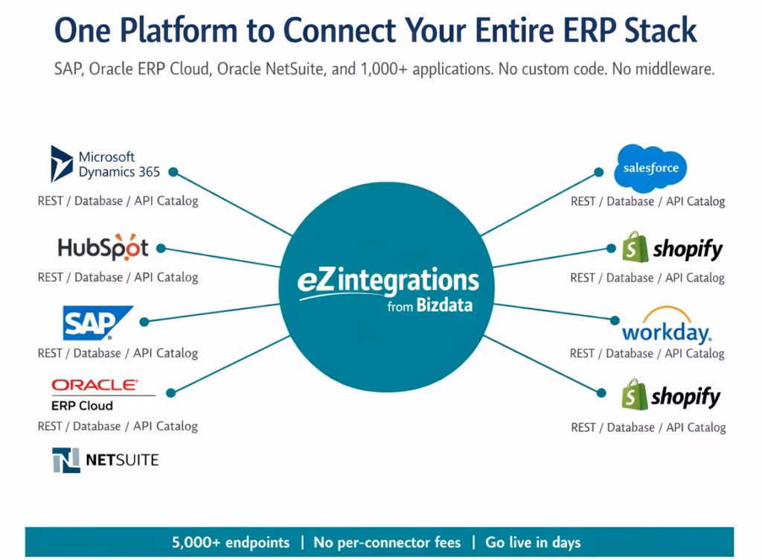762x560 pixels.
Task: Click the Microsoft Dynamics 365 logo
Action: (x=105, y=164)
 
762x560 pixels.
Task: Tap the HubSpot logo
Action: (x=103, y=248)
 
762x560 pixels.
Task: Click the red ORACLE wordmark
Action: (x=95, y=385)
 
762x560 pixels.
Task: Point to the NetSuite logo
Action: (x=105, y=459)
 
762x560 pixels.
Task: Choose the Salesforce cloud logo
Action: (x=650, y=168)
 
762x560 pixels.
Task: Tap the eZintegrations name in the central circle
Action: (x=388, y=283)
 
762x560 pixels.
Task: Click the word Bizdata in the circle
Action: (x=444, y=305)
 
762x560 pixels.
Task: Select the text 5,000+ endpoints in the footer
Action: (x=231, y=542)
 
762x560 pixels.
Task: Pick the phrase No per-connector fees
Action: (x=387, y=542)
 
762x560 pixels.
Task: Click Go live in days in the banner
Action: (x=533, y=542)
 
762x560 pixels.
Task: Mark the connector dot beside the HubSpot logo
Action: (x=161, y=248)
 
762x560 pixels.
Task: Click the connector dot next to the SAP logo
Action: (x=144, y=322)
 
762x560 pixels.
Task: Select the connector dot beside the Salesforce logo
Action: (x=599, y=172)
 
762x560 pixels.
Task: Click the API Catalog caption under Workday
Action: (x=694, y=354)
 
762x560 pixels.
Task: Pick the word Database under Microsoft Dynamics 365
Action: (x=97, y=200)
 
